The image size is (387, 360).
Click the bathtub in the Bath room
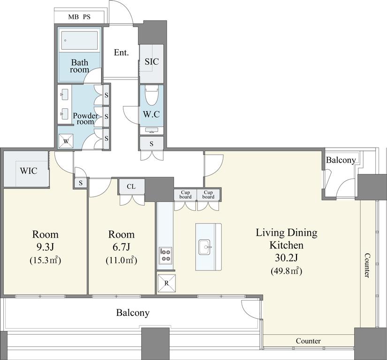[79, 40]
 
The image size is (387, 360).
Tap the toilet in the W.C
[152, 96]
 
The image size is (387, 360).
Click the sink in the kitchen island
[205, 247]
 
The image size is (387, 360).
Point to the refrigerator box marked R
[167, 283]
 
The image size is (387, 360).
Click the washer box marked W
[66, 141]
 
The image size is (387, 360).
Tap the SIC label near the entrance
[152, 61]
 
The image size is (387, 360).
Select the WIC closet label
[29, 171]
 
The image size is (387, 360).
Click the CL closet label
[131, 187]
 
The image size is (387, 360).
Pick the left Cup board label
[185, 195]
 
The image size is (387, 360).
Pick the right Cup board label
[208, 195]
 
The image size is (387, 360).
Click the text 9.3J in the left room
[45, 247]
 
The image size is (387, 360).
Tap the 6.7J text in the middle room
[121, 247]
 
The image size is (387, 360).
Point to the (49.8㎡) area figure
[287, 271]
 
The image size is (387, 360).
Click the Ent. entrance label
[121, 52]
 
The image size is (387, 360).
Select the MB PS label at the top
[79, 17]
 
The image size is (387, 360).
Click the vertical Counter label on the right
[367, 266]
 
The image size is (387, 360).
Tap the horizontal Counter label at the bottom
[308, 341]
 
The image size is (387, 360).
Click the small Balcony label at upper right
[341, 160]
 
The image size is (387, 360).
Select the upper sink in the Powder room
[65, 94]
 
